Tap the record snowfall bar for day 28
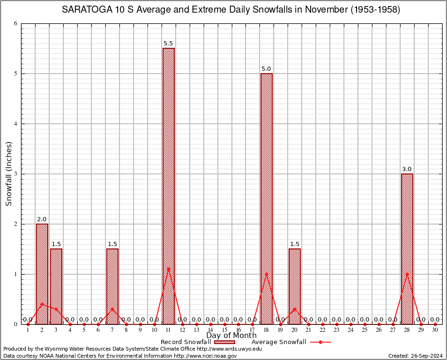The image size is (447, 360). [407, 249]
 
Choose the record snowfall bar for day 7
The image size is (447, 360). [112, 286]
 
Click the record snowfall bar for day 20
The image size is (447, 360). [294, 286]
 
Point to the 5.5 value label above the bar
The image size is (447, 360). [168, 44]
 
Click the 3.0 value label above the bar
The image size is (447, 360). [407, 169]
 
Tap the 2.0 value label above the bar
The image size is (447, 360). [42, 219]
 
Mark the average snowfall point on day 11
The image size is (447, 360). [168, 269]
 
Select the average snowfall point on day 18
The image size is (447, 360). [266, 274]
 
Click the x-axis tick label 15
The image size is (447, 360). [224, 330]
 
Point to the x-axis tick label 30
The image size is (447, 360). [435, 330]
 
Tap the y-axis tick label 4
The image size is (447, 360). [16, 124]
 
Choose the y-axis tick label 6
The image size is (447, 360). [16, 23]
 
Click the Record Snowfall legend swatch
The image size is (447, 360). [224, 342]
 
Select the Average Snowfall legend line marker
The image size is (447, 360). [320, 342]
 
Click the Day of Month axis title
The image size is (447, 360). [231, 336]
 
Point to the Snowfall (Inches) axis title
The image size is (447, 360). [8, 173]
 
